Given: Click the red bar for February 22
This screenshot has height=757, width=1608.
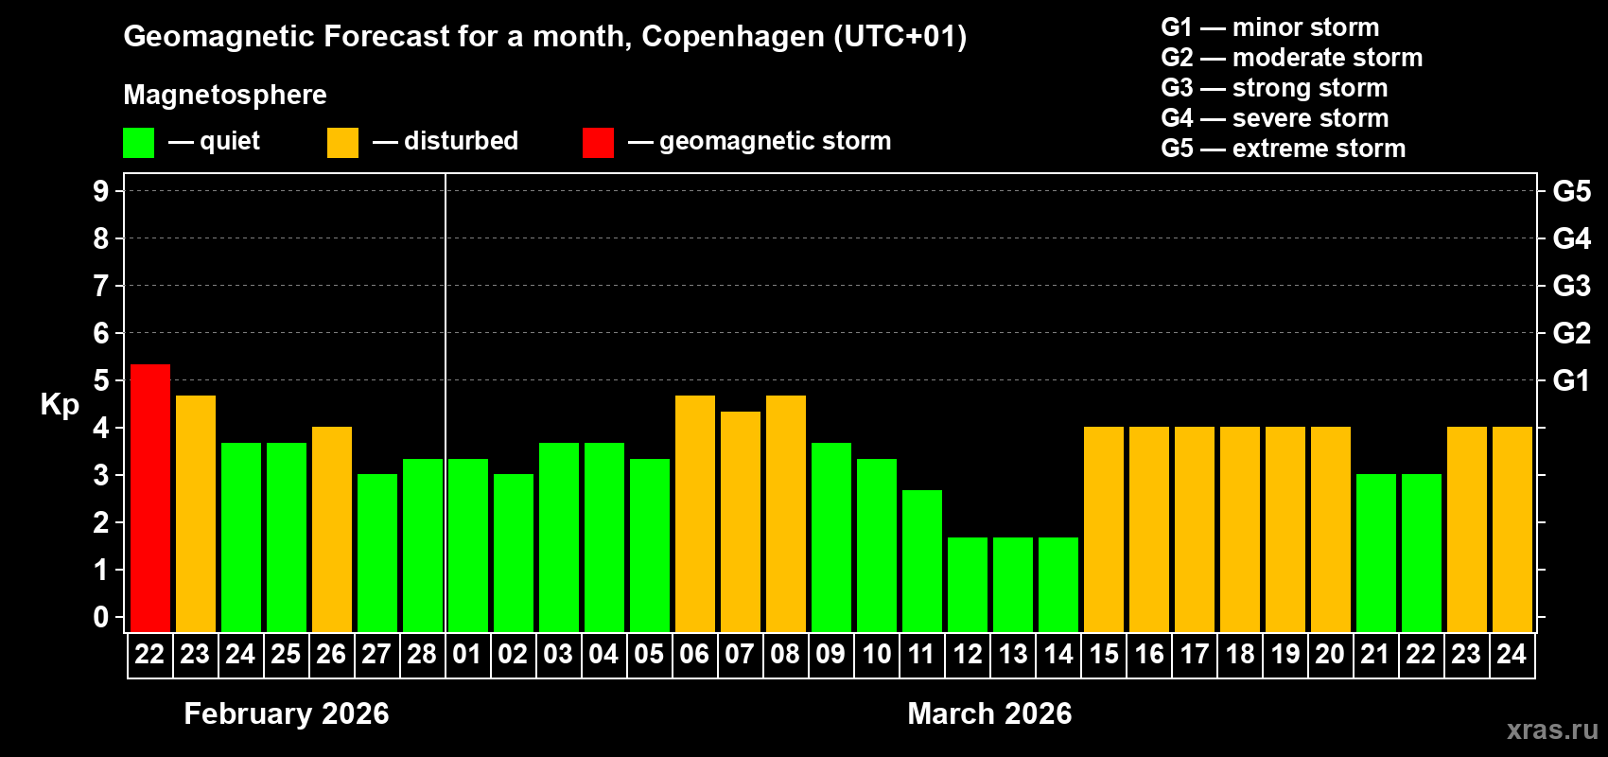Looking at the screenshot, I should (x=149, y=498).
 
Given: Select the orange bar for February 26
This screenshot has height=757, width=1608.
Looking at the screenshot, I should (x=331, y=529).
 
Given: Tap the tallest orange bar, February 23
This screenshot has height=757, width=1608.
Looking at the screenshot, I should (x=195, y=513).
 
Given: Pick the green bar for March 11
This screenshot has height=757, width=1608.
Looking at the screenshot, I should (x=921, y=560).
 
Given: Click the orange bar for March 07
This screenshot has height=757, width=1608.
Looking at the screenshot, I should (x=740, y=521).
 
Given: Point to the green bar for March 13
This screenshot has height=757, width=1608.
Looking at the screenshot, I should (x=1012, y=584).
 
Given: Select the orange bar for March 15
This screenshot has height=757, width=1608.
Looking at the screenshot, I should (x=1103, y=529).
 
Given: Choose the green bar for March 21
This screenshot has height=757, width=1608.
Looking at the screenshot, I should (x=1375, y=553).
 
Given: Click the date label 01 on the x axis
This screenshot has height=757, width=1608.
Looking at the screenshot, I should (x=467, y=654).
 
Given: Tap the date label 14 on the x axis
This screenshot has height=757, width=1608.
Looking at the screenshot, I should (x=1057, y=654).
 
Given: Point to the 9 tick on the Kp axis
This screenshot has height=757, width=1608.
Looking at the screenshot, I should (x=101, y=191).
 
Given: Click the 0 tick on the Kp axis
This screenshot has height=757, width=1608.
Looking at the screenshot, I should (x=101, y=617).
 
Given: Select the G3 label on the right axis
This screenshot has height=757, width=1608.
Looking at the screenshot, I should (x=1571, y=286).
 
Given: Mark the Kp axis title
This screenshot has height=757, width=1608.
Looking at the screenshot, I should (x=60, y=404).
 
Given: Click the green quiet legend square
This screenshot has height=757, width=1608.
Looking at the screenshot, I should (x=139, y=143).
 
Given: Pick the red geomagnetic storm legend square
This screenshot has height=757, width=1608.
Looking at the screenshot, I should (x=598, y=143).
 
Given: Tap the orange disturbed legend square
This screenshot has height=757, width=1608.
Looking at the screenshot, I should (x=342, y=143).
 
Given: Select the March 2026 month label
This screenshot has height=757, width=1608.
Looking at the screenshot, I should (x=989, y=713).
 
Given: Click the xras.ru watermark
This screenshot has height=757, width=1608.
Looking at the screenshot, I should (x=1552, y=730).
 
